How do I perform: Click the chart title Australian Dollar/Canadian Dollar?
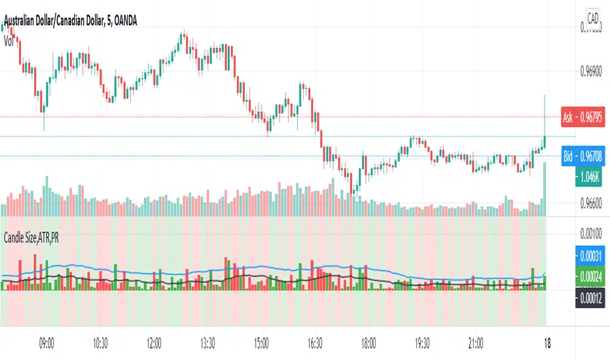[54, 24]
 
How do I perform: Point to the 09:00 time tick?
[46, 341]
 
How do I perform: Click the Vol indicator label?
[9, 39]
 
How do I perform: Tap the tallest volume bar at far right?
[545, 190]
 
